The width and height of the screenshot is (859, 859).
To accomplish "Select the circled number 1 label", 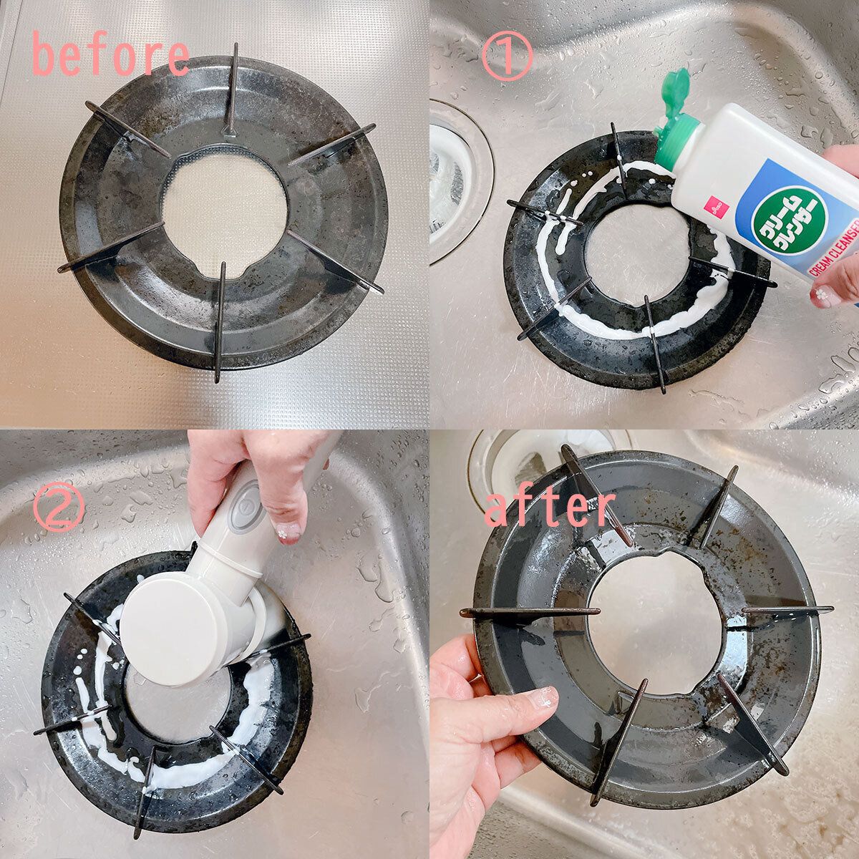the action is [507, 56].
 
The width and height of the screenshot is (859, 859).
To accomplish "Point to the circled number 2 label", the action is [59, 508].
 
